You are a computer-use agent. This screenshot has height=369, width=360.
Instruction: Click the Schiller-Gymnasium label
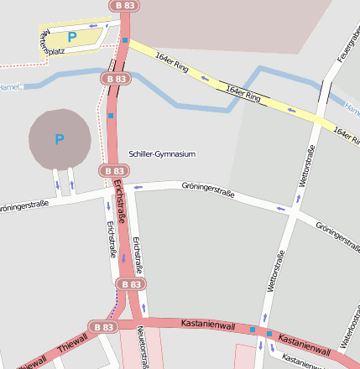(x=162, y=154)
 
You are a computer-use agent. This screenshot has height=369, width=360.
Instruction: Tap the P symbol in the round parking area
(x=59, y=139)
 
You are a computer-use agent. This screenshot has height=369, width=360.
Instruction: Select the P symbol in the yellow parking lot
(x=71, y=37)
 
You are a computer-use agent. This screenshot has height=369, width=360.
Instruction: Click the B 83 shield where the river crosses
(x=116, y=78)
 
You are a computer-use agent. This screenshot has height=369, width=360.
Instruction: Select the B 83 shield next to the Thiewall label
(x=102, y=326)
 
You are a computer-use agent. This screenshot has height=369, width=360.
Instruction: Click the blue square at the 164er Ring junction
(x=125, y=40)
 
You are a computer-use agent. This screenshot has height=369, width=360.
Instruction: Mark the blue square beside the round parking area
(x=111, y=116)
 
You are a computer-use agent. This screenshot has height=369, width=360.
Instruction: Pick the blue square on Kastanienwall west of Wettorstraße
(x=252, y=330)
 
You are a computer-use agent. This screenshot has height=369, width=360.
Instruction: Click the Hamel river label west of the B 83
(x=8, y=86)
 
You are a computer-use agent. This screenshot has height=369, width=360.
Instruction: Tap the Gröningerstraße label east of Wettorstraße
(x=337, y=231)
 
